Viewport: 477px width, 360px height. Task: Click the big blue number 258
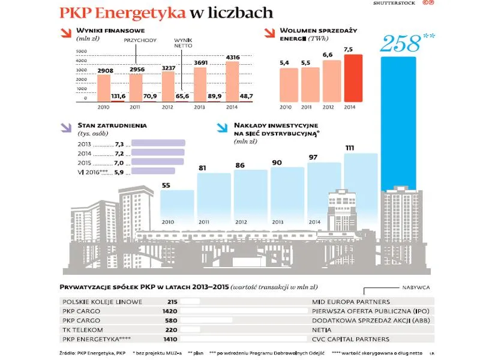click(x=400, y=44)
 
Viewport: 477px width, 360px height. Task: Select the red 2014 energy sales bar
click(x=353, y=78)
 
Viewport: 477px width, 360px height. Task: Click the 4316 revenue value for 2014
click(x=231, y=58)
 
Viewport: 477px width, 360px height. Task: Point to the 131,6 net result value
click(x=118, y=96)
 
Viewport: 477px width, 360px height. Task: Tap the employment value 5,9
click(x=118, y=172)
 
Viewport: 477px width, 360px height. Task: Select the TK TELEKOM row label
click(x=82, y=329)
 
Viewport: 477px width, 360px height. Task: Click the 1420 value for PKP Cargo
click(x=170, y=311)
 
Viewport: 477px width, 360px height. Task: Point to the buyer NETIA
click(x=323, y=329)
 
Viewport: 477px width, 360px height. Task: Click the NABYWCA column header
click(x=417, y=287)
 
